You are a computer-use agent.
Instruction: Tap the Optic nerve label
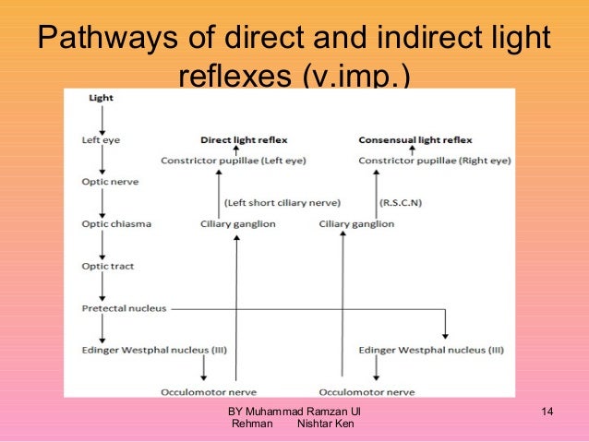(x=109, y=182)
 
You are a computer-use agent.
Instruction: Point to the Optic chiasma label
(x=116, y=224)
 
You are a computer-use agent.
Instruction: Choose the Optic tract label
(x=108, y=267)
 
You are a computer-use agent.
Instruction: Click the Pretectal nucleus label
(x=124, y=308)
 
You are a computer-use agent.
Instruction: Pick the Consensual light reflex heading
(x=415, y=140)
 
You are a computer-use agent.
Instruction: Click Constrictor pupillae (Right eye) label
(x=432, y=160)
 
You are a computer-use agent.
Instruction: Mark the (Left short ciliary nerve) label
(x=282, y=203)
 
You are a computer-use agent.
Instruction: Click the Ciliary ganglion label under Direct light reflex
(x=238, y=224)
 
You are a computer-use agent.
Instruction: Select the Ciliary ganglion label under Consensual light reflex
(x=356, y=224)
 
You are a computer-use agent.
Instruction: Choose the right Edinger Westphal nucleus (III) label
(x=432, y=350)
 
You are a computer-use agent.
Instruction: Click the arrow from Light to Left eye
(x=102, y=118)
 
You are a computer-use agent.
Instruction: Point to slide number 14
(x=547, y=410)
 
